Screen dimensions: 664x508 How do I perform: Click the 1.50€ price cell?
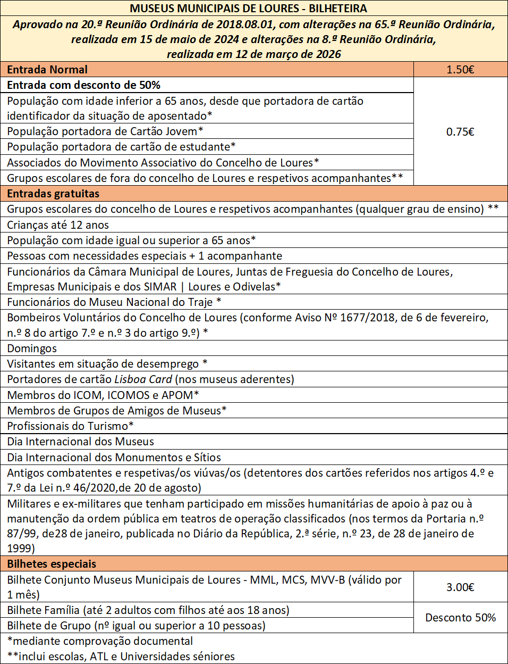[x=460, y=70]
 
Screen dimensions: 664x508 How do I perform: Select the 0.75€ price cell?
[x=460, y=132]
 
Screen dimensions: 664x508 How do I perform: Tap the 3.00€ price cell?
[x=460, y=587]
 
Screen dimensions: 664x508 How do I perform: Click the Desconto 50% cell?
[x=460, y=618]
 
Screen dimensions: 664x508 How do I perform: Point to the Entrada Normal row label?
[x=47, y=70]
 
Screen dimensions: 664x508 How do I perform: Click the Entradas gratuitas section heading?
[x=53, y=194]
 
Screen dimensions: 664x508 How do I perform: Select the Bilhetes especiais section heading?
[x=52, y=564]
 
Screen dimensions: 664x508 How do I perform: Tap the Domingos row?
[x=32, y=348]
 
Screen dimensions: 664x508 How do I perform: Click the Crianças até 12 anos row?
[x=58, y=225]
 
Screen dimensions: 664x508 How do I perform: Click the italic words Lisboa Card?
[x=143, y=379]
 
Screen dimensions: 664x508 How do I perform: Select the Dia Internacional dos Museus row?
[x=81, y=442]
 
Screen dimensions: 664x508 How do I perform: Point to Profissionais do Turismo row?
[x=70, y=426]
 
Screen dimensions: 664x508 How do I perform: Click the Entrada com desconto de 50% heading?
[x=83, y=85]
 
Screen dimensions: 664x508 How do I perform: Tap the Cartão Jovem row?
[x=105, y=131]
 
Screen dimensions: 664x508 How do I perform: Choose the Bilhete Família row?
[x=148, y=610]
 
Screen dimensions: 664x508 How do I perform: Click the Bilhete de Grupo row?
[x=136, y=626]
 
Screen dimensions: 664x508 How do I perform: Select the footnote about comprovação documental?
[x=100, y=641]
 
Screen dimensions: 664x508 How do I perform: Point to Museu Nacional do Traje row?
[x=114, y=302]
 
